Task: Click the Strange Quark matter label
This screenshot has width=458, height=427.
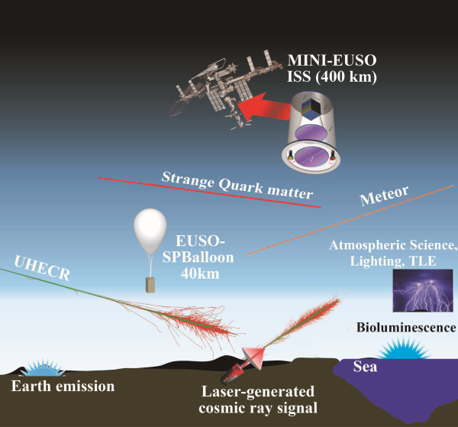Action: tap(237, 186)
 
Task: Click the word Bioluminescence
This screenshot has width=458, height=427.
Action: tap(406, 328)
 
